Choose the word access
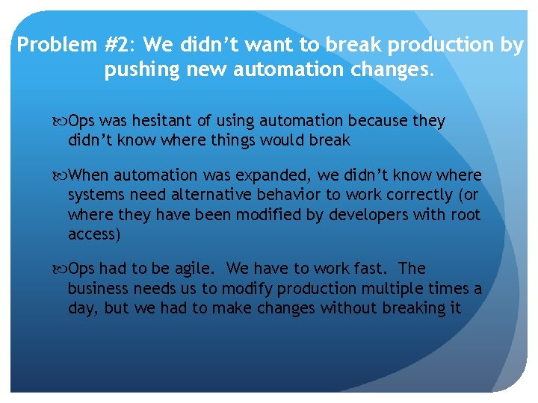[x=92, y=235]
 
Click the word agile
[x=191, y=269]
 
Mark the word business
[x=99, y=289]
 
